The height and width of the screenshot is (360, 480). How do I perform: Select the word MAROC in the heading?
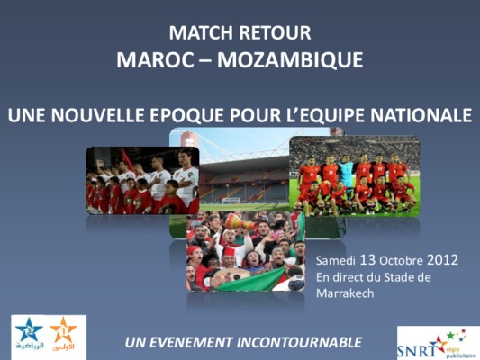point(155,59)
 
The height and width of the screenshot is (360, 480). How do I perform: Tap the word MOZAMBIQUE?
point(290,60)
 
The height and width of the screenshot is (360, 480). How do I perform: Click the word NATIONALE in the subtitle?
point(421,115)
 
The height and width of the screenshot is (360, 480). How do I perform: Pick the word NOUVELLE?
point(97,115)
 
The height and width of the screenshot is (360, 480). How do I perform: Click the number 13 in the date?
point(367,260)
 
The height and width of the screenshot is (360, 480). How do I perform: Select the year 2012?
point(442,260)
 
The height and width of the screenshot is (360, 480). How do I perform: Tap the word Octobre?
point(401,261)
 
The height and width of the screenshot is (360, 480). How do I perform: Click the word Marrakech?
point(345,293)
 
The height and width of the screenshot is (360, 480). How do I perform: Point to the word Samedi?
point(336,261)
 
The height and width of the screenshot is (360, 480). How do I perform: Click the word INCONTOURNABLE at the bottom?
point(299,342)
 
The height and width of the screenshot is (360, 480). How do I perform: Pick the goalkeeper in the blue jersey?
point(346,172)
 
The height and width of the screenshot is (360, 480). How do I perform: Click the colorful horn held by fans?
point(240,221)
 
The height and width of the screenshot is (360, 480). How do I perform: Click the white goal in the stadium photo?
point(231,201)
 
